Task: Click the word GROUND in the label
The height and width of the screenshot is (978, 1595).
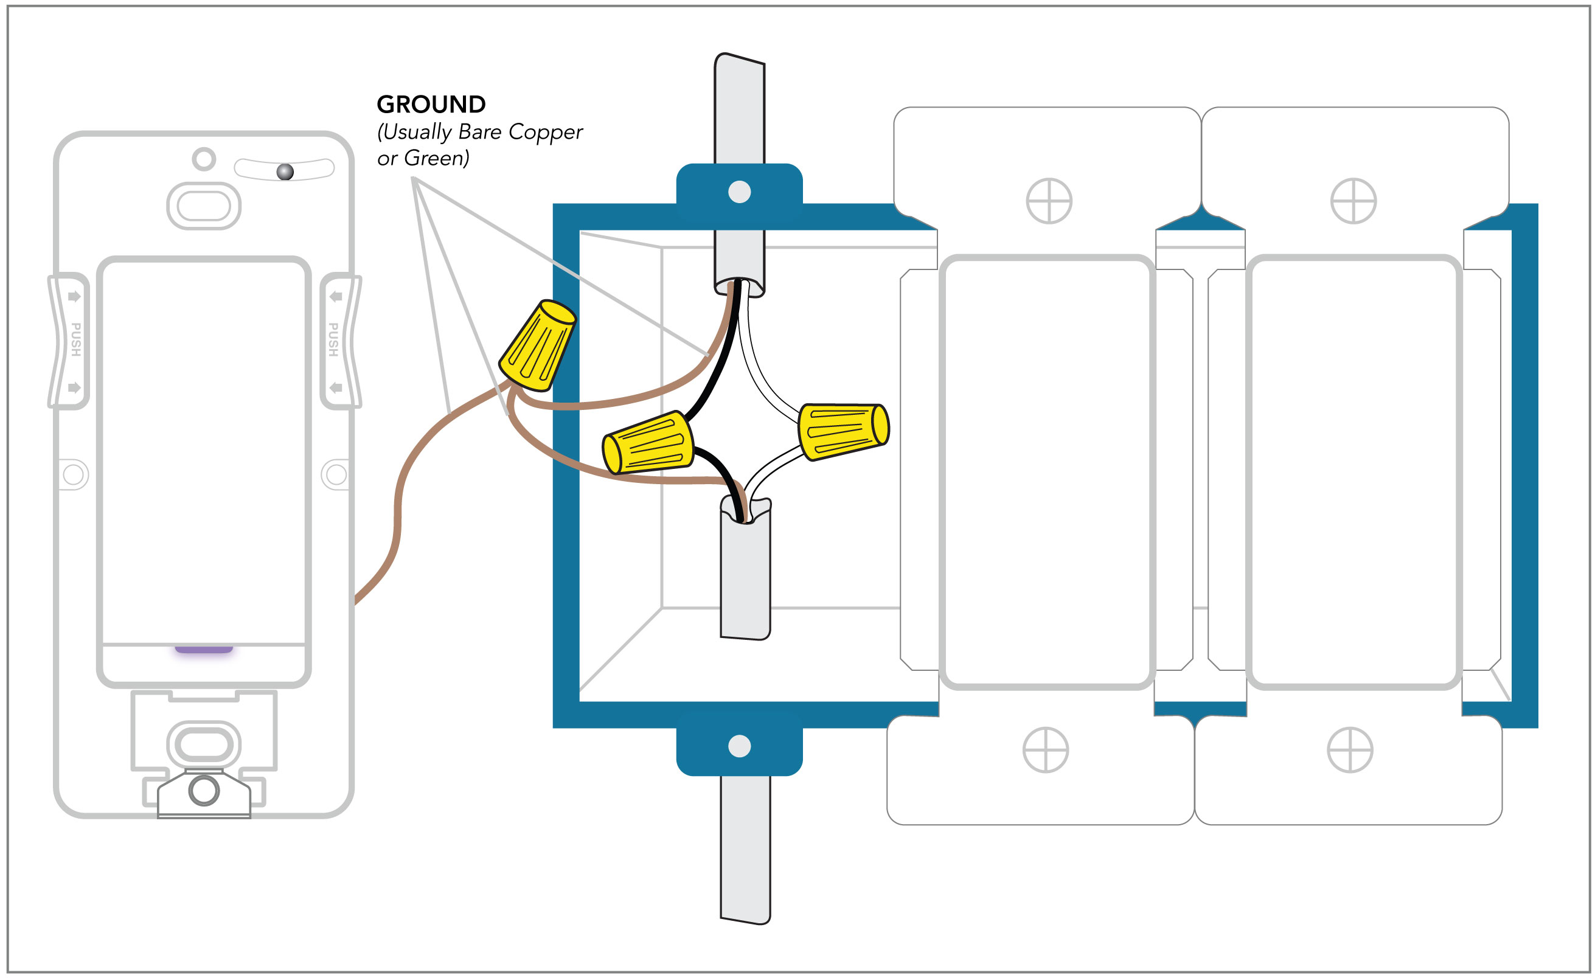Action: coord(431,104)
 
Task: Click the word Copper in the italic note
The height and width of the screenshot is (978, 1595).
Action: coord(545,133)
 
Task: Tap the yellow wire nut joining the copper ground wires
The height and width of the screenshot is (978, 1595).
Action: coord(537,345)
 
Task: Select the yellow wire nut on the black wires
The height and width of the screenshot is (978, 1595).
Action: coord(648,443)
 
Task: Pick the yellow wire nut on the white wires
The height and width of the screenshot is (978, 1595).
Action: coord(844,432)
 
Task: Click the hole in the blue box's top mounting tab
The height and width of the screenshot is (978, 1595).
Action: coord(739,192)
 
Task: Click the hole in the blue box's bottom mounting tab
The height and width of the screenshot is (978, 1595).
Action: coord(739,746)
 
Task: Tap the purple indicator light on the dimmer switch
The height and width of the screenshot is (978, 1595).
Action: coord(204,649)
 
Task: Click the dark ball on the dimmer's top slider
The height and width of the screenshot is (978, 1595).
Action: coord(285,172)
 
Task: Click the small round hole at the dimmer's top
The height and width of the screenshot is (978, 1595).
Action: coord(204,159)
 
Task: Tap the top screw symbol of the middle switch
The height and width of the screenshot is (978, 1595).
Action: coord(1049,201)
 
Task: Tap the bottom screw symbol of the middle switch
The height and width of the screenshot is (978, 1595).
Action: coord(1046,749)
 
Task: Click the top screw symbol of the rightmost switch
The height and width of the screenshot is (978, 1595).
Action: coord(1353,201)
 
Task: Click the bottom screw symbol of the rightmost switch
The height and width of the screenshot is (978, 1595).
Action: coord(1350,749)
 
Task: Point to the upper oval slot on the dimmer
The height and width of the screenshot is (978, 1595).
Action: coord(204,206)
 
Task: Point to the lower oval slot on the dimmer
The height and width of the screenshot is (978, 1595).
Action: coord(204,744)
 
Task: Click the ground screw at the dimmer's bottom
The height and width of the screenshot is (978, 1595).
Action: coord(204,791)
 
